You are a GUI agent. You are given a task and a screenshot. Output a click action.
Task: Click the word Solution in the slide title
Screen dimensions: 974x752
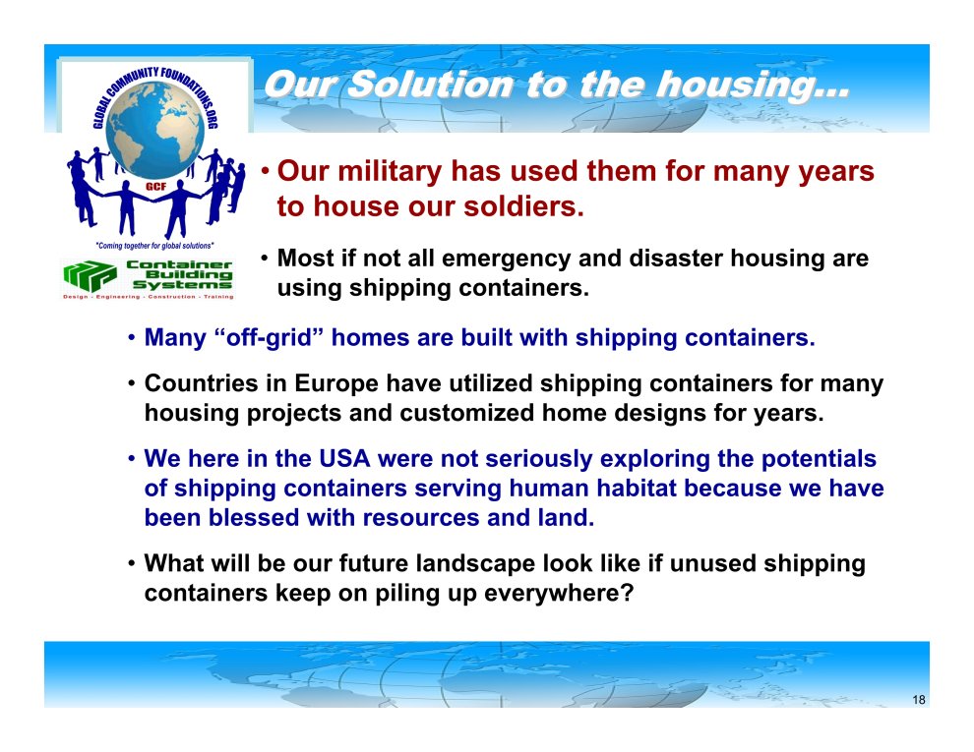[x=430, y=85]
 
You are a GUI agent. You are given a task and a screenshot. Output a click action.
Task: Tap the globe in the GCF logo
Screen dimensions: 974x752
[x=154, y=129]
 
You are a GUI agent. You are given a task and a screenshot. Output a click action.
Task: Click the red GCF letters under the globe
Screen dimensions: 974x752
[x=155, y=186]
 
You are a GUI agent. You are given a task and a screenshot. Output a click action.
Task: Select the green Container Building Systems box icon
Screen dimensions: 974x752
[x=90, y=275]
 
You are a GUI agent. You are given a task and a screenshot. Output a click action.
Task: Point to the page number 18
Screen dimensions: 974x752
[x=919, y=700]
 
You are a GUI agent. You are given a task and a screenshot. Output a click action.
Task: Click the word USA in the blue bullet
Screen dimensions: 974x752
[x=344, y=458]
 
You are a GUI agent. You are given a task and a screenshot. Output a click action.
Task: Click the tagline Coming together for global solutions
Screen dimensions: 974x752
[x=154, y=246]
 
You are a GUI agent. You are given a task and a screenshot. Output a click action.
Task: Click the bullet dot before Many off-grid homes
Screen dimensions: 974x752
[x=132, y=338]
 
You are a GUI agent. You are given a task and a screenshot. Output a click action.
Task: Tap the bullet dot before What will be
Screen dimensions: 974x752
[x=132, y=564]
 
